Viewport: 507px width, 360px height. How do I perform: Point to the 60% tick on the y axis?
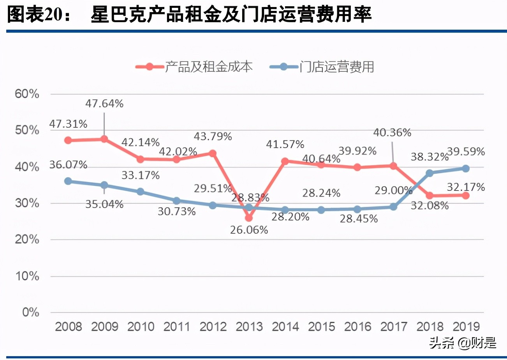[x=26, y=94]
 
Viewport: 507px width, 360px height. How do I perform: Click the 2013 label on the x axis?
[x=249, y=326]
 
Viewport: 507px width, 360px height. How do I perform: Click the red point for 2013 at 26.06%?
[x=249, y=218]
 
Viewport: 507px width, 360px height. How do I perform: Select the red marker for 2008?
[x=68, y=140]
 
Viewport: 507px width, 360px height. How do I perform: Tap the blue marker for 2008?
[x=68, y=181]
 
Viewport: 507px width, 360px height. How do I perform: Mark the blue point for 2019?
[x=466, y=168]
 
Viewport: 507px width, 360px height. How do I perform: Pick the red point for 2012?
[x=213, y=153]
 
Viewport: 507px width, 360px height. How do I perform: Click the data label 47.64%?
[x=104, y=104]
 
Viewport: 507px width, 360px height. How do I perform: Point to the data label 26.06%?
[x=249, y=230]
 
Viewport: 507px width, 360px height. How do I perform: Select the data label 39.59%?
[x=466, y=152]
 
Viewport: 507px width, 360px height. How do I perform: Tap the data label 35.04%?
[x=104, y=204]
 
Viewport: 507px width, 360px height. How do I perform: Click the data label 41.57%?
[x=285, y=144]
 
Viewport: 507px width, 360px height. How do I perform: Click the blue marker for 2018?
[x=430, y=173]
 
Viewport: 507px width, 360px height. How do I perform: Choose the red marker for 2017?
[x=393, y=166]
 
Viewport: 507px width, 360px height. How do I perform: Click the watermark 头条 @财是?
[x=463, y=343]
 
